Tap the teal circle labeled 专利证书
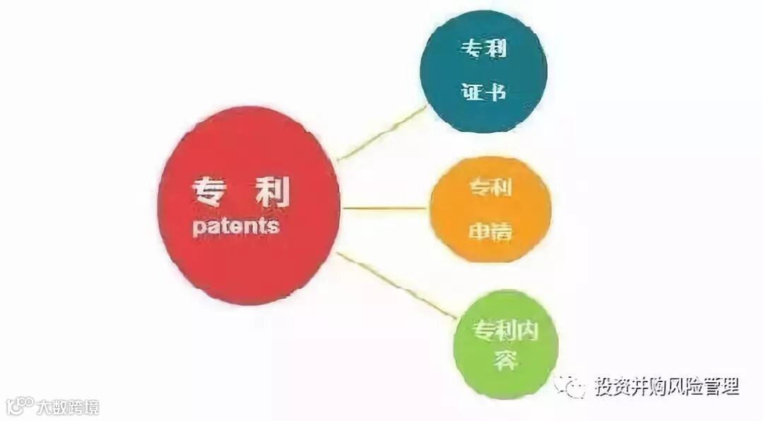coord(483,71)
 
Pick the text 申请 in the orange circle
coord(490,232)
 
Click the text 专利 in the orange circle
coord(490,188)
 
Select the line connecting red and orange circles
coord(385,208)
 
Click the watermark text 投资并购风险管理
coord(666,386)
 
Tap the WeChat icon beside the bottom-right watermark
coord(571,387)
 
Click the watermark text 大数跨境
coord(68,406)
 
